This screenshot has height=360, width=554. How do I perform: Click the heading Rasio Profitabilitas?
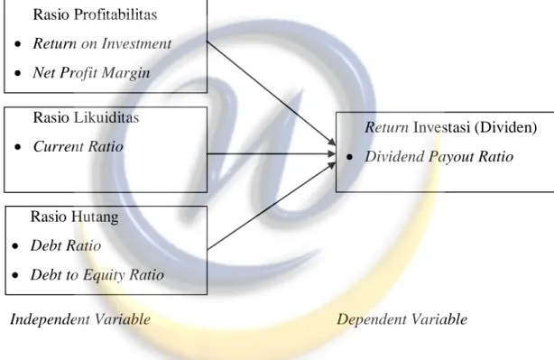coord(95,14)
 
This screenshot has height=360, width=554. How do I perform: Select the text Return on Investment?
coord(102,43)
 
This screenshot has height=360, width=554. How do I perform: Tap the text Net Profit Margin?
coord(91,73)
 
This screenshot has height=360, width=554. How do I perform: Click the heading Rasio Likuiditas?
coord(86,117)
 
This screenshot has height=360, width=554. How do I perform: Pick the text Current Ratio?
coord(78,146)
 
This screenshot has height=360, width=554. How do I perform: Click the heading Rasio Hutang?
coord(74,217)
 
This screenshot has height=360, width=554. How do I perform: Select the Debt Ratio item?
coord(66,245)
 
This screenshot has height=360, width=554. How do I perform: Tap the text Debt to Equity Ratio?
coord(97,275)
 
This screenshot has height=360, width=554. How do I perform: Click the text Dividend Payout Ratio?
coord(439,156)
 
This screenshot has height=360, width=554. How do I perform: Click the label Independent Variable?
coord(80,319)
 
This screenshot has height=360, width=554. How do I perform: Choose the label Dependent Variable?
coord(402,319)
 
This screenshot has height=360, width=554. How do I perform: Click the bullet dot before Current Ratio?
coord(18,147)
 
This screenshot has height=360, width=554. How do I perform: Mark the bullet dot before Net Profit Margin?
coord(18,73)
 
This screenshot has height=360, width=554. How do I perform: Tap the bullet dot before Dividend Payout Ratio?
coord(350,157)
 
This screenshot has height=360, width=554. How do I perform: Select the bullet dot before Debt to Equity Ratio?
coord(15,275)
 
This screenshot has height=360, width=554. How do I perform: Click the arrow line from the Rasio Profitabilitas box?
coord(271,93)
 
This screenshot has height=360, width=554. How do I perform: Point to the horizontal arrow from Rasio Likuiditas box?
coord(271,153)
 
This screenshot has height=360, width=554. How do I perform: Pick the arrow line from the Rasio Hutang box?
coord(272,206)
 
